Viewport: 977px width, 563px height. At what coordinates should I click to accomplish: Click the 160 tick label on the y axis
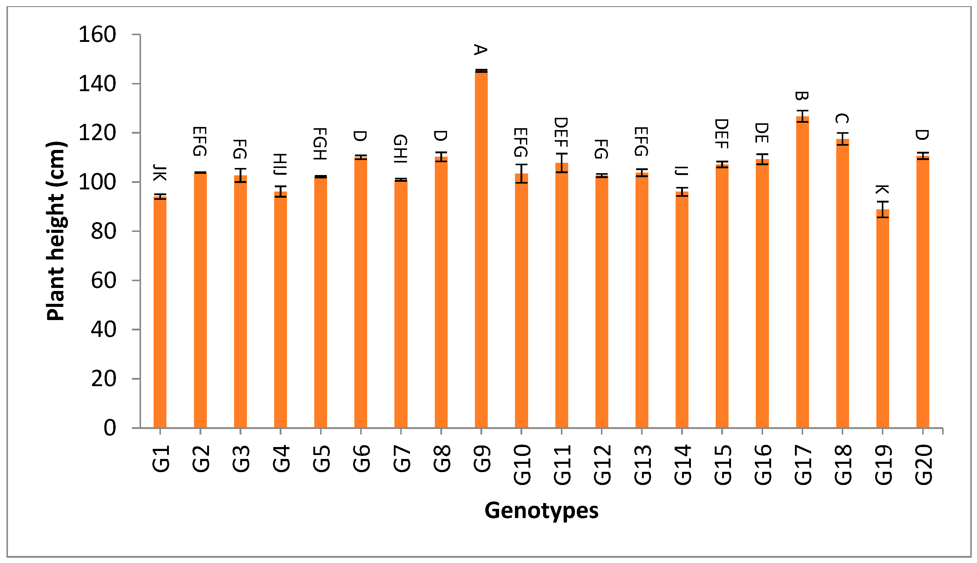pos(97,35)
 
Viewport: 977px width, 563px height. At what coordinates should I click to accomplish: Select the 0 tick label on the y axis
pos(110,428)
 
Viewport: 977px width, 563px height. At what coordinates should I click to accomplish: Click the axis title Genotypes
pos(541,510)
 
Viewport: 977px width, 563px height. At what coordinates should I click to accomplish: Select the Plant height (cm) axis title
pos(56,231)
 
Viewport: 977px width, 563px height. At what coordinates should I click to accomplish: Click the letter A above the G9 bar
pos(480,50)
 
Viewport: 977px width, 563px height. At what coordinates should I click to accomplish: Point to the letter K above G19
pos(882,189)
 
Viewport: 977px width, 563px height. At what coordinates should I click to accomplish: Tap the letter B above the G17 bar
pos(801,96)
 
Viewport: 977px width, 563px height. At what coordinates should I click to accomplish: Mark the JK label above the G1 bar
pos(160,173)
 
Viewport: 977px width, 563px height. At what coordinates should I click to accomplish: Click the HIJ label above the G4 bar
pos(280,164)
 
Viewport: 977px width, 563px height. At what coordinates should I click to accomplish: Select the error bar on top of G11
pos(561,163)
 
